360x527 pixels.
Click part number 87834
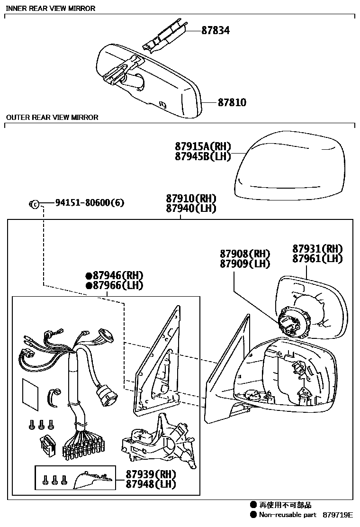coord(216,31)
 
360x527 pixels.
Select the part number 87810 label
coord(232,102)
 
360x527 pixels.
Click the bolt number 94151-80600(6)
coord(90,203)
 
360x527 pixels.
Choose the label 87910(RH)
coord(191,199)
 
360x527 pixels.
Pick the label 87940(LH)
coord(191,209)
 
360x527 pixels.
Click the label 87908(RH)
coord(244,254)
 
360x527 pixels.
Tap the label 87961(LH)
coord(317,259)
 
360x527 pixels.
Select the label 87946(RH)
coord(117,276)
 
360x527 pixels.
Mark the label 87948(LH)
coord(151,484)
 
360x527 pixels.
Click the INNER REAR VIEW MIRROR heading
coord(50,9)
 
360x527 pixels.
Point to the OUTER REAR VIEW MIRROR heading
coord(52,118)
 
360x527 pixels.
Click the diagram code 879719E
coord(338,515)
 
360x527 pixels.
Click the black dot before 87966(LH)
coord(88,286)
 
